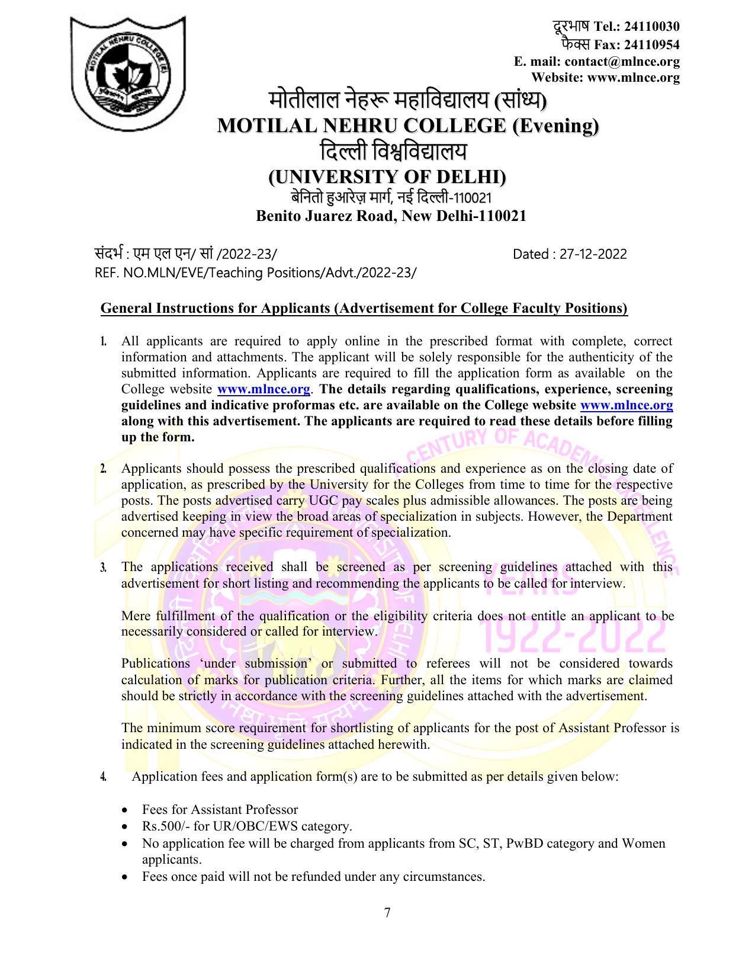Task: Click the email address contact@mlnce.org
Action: [x=622, y=62]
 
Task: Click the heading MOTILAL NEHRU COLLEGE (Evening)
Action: [x=408, y=126]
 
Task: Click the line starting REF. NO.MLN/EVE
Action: [x=255, y=272]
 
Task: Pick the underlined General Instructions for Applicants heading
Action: [x=364, y=309]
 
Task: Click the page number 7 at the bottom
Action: [x=387, y=913]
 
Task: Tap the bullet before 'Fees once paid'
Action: [x=124, y=877]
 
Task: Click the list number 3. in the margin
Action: [x=104, y=567]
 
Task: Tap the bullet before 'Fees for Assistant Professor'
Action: [x=124, y=810]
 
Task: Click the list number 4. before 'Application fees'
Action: [x=104, y=777]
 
